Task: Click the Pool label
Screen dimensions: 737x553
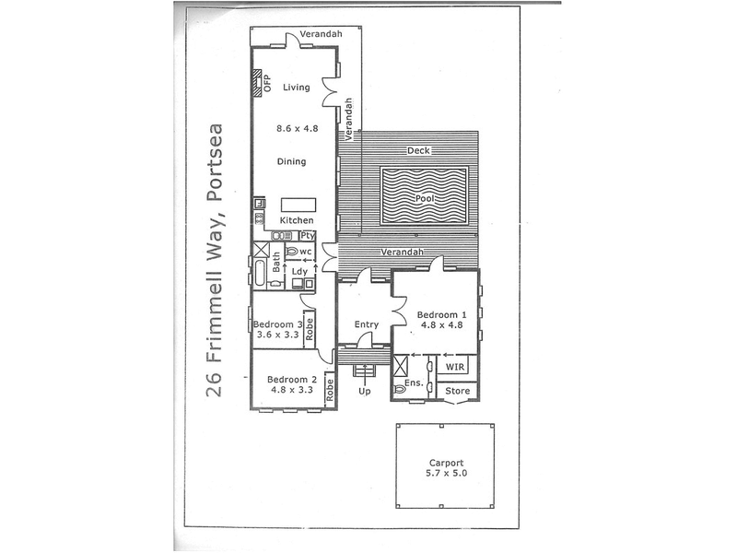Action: coord(425,198)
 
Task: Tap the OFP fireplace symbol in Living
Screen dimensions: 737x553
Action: coord(257,83)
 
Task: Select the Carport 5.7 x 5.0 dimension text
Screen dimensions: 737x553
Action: coord(447,473)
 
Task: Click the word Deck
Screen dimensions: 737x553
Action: coord(418,150)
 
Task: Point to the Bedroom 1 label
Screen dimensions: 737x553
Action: coord(442,314)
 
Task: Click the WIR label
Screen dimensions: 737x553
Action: coord(454,367)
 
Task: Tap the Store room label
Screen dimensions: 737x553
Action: coord(457,391)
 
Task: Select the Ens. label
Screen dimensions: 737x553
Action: coord(414,383)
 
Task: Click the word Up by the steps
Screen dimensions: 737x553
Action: coord(365,391)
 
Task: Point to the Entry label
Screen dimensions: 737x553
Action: coord(366,324)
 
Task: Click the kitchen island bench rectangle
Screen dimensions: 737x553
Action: coord(298,206)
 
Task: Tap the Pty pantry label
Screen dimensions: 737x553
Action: coord(308,236)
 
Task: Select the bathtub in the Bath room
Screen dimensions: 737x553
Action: coord(260,272)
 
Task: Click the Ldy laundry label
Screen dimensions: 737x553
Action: coord(299,271)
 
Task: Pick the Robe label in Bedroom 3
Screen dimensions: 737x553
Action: coord(309,330)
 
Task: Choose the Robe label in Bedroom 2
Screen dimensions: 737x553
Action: coord(330,390)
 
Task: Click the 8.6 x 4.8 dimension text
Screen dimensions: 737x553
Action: coord(297,128)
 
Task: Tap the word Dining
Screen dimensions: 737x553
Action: coord(291,162)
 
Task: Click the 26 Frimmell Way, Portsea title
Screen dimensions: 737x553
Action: coord(214,261)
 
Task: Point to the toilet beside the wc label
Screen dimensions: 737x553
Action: coord(292,252)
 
